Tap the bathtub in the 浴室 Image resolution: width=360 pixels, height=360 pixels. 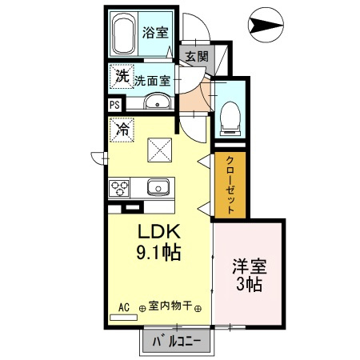pyautogui.click(x=124, y=34)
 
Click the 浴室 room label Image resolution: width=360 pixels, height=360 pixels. pyautogui.click(x=154, y=33)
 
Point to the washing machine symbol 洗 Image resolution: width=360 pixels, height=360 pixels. pyautogui.click(x=122, y=78)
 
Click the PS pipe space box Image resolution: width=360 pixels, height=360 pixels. pyautogui.click(x=114, y=104)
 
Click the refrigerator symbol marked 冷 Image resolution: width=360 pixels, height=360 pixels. pyautogui.click(x=123, y=128)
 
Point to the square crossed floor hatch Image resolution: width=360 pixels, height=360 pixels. pyautogui.click(x=157, y=149)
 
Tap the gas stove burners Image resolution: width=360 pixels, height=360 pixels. pyautogui.click(x=121, y=189)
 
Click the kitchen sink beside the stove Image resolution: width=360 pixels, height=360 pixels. pyautogui.click(x=156, y=189)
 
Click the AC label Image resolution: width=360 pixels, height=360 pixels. pyautogui.click(x=124, y=306)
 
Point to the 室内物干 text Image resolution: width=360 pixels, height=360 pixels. pyautogui.click(x=170, y=306)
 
